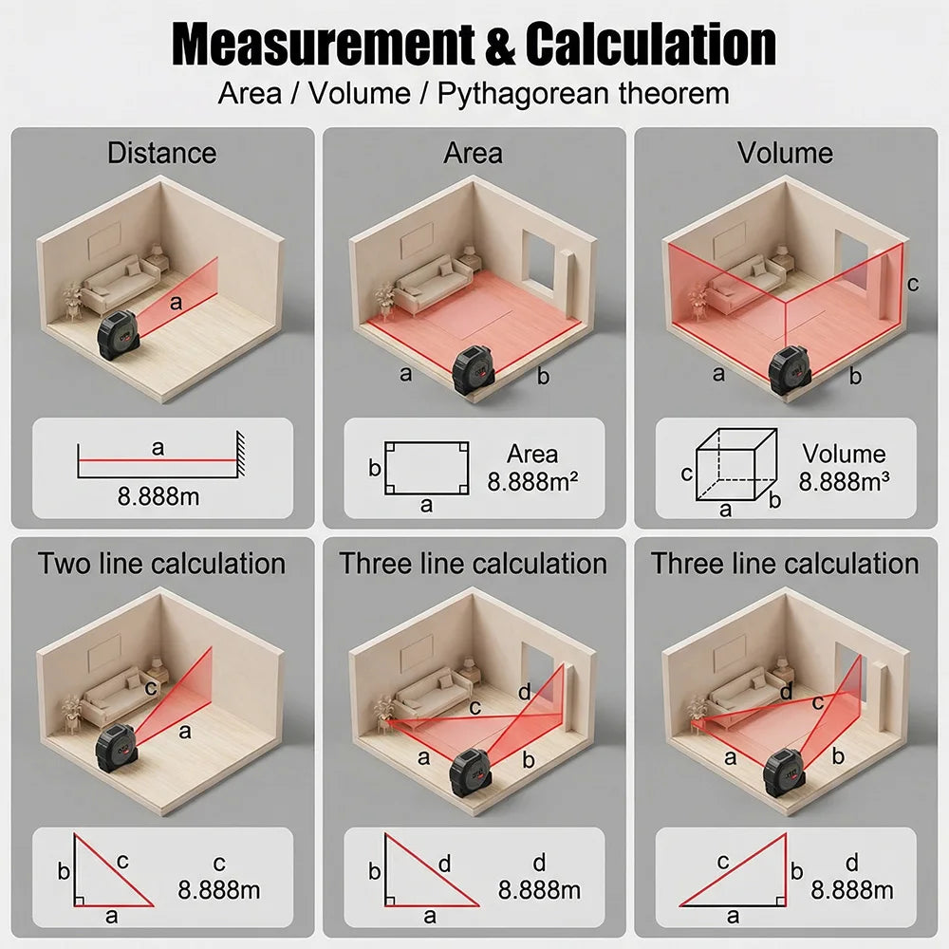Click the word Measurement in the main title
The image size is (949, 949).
tap(324, 45)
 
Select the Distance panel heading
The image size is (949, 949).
tap(161, 153)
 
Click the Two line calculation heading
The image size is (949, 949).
tap(161, 564)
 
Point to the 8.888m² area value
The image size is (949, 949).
tap(532, 482)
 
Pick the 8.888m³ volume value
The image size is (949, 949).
tap(844, 482)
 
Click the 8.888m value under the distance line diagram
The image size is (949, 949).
tap(158, 497)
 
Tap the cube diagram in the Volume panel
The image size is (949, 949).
tap(736, 464)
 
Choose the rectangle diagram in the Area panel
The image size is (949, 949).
tap(427, 468)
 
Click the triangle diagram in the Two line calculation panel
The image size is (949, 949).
tap(113, 870)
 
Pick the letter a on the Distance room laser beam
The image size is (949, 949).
tap(177, 302)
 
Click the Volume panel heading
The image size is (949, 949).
tap(785, 153)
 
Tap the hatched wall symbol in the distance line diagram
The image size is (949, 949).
tap(240, 455)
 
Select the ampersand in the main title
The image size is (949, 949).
tap(499, 45)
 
